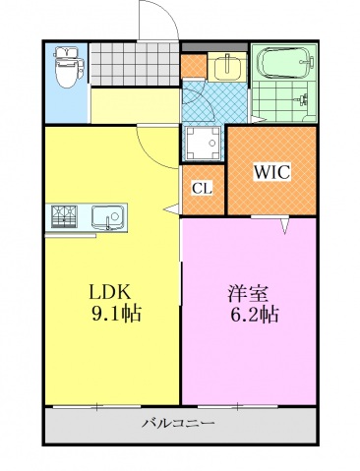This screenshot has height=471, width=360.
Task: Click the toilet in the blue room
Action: click(67, 67)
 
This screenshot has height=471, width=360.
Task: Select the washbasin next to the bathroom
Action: click(221, 66)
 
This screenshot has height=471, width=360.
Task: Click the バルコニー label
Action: click(178, 425)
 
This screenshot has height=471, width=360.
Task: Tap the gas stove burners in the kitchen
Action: click(63, 215)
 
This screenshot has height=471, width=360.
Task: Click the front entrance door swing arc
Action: click(155, 20)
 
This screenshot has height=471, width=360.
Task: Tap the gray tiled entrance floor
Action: click(133, 66)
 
